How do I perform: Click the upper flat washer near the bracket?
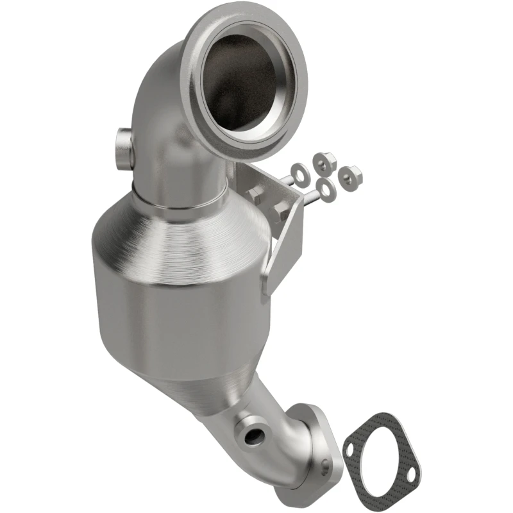pyautogui.click(x=298, y=171)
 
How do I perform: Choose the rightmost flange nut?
pyautogui.click(x=350, y=173)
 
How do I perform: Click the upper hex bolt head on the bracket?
pyautogui.click(x=255, y=196)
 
